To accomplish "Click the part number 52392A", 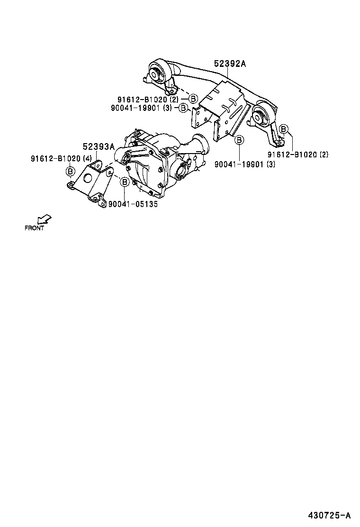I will pos(230,64).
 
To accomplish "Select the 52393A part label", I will pos(99,147).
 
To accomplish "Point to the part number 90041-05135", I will pos(133,204).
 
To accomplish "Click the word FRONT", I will pos(34,228).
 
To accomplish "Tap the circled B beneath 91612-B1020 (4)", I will pos(70,171).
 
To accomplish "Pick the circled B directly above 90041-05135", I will pos(124,182).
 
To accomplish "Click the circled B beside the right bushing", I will pos(283,129).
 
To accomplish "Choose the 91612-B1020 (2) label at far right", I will pos(297,154).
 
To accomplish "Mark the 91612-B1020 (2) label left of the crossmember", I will pos(148,100).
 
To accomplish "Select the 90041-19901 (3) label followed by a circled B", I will pos(148,108).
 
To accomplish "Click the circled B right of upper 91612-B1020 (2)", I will pos(193,99).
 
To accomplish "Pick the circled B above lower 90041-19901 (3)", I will pos(239,140).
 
